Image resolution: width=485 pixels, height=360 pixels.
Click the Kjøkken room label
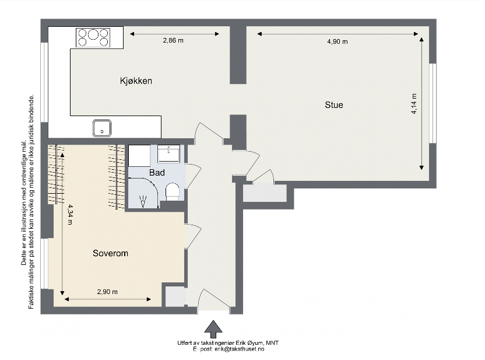tap(136, 81)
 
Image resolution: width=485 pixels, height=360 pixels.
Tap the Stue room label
tap(334, 105)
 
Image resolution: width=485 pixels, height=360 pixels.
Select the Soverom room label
tap(110, 254)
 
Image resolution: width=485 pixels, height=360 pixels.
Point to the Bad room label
tap(157, 173)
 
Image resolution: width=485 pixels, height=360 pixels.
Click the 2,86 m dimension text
tap(173, 40)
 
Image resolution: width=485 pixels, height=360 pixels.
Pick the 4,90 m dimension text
tap(337, 41)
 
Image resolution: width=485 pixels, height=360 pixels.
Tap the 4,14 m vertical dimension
tap(414, 104)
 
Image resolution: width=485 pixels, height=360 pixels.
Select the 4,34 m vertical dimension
tap(70, 215)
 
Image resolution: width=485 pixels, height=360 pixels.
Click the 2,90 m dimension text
tap(107, 292)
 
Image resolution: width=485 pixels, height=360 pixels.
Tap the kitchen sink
tap(102, 127)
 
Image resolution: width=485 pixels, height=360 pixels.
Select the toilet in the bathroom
tap(173, 192)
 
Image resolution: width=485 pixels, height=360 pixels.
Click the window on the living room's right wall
tap(433, 103)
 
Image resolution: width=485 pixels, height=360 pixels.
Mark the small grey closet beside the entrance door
tap(174, 296)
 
